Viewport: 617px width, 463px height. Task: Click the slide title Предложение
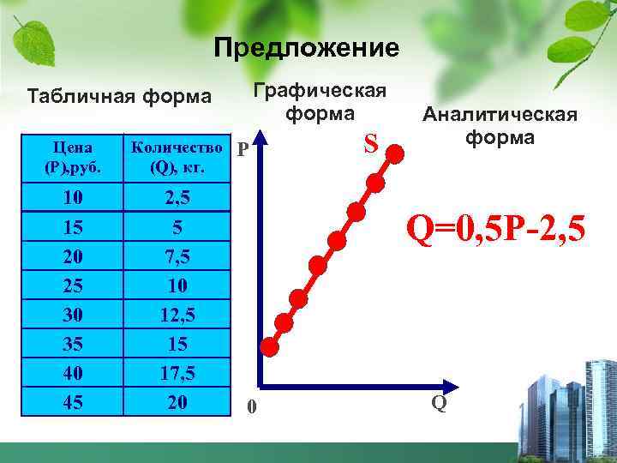pyautogui.click(x=306, y=47)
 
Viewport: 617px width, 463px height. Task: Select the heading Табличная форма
pyautogui.click(x=119, y=95)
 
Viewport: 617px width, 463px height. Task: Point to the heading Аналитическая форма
pyautogui.click(x=498, y=126)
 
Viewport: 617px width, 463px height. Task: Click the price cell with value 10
pyautogui.click(x=73, y=198)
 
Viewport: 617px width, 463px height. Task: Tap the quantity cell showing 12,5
pyautogui.click(x=178, y=315)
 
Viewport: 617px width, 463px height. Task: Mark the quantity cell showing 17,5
pyautogui.click(x=178, y=373)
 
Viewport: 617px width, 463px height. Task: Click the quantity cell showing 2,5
pyautogui.click(x=178, y=198)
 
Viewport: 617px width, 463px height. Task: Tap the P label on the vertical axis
pyautogui.click(x=243, y=151)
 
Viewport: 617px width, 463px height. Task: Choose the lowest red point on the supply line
pyautogui.click(x=270, y=346)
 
